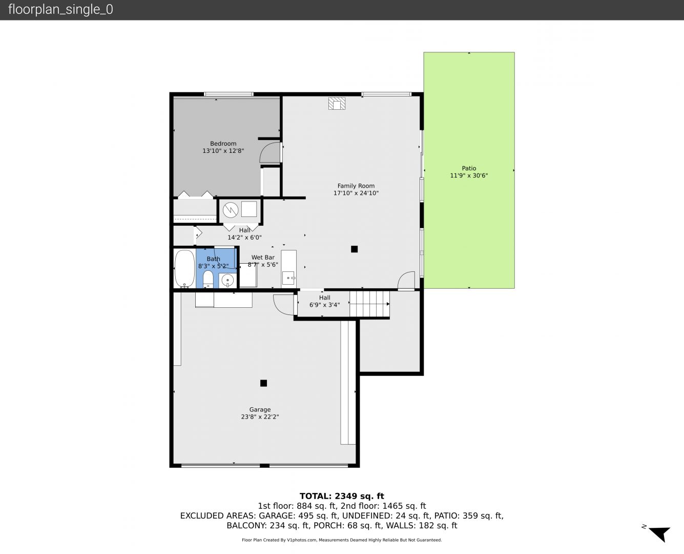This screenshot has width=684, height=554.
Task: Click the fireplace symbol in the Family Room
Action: tap(337, 104)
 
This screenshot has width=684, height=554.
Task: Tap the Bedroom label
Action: tap(223, 144)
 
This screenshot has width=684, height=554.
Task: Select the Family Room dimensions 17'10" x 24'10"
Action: tap(356, 193)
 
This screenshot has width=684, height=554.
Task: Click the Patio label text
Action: tap(469, 168)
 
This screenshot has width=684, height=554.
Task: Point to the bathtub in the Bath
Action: tap(184, 269)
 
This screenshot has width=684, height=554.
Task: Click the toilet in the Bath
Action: tap(208, 279)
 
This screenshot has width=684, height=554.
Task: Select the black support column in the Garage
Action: tap(263, 383)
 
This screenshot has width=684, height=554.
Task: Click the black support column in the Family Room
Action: tap(354, 249)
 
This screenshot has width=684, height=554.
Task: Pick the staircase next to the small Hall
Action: tap(369, 304)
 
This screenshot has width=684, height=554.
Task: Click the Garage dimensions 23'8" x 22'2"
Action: tap(260, 417)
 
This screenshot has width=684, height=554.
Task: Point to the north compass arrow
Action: tap(660, 534)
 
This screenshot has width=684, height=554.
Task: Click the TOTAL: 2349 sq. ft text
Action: tap(342, 496)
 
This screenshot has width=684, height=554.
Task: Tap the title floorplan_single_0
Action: tap(60, 10)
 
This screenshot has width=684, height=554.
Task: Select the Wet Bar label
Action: tap(263, 258)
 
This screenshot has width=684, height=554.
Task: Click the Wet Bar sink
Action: tap(288, 278)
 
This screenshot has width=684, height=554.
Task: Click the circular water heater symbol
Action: tap(231, 210)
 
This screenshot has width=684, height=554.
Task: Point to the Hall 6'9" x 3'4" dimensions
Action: tap(324, 305)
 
